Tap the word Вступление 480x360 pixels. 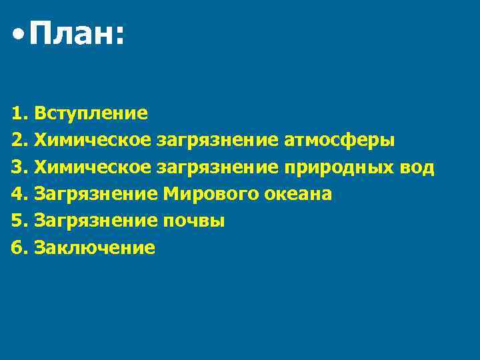click(91, 113)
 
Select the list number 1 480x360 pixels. click(18, 113)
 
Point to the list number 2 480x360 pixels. click(18, 140)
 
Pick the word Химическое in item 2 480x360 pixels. click(93, 140)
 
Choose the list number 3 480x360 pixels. click(18, 167)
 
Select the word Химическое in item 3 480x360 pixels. click(93, 167)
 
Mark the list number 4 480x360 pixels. click(18, 194)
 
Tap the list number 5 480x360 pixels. click(18, 221)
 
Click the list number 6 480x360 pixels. click(18, 249)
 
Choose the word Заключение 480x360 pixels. click(94, 249)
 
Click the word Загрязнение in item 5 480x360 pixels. click(96, 221)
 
